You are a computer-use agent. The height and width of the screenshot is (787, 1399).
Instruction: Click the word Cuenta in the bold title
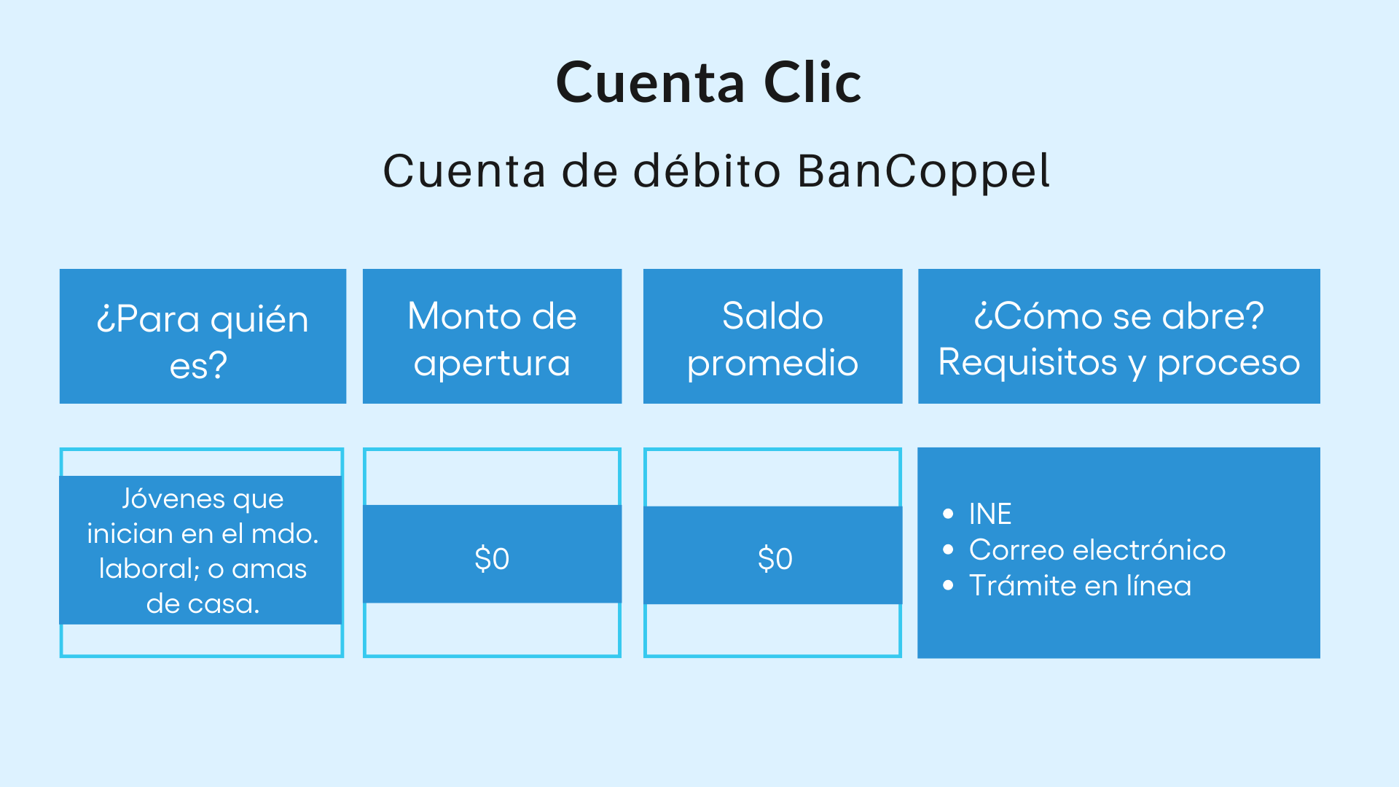coord(650,82)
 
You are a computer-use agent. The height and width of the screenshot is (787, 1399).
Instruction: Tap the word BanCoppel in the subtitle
coord(923,171)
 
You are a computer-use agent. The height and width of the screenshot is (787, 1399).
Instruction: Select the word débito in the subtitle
coord(707,171)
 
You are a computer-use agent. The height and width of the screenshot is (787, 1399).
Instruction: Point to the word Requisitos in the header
coord(1027,362)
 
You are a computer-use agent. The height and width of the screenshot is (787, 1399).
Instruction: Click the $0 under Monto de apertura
coord(492,559)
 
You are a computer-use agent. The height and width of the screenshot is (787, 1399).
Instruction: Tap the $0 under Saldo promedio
coord(775,559)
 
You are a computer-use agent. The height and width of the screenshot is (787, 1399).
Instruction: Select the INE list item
coord(990,514)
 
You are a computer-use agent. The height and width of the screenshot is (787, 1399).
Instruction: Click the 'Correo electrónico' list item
coord(1097,550)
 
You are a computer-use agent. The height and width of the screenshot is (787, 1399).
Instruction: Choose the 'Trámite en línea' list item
coord(1080,586)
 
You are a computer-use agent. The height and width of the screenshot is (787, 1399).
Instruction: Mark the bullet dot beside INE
coord(948,514)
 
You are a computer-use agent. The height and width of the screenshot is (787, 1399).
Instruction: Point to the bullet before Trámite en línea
coord(948,585)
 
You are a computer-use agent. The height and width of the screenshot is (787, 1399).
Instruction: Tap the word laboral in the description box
coord(149,568)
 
